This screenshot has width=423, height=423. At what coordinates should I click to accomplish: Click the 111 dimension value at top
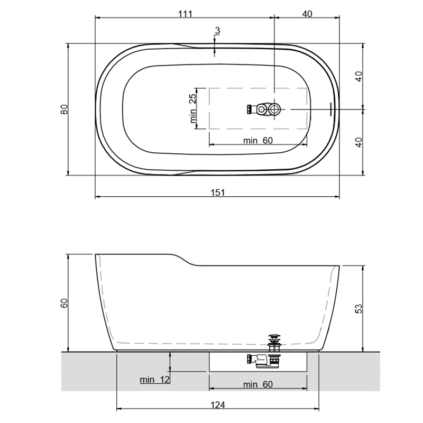pos(186,14)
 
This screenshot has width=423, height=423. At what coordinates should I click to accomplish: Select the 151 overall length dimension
pos(217,192)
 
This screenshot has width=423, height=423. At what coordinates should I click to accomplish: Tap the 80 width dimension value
pos(64,109)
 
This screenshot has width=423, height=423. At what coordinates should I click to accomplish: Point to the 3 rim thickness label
pos(218,31)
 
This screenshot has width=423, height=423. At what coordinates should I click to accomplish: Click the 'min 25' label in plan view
pos(193,108)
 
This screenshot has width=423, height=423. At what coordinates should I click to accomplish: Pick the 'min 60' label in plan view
pos(258,141)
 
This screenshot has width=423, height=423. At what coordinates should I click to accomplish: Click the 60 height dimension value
pos(64,303)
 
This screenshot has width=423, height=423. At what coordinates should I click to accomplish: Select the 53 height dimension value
pos(359,309)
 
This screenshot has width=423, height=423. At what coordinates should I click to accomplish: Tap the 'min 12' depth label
pos(154,380)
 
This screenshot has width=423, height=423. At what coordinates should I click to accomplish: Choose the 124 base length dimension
pos(217,405)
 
